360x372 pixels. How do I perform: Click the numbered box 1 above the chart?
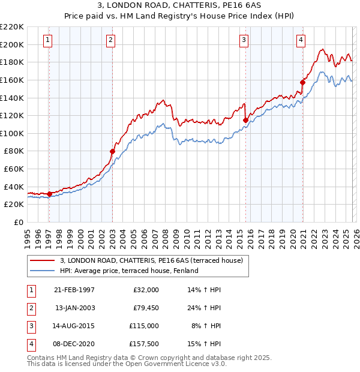pos(47,40)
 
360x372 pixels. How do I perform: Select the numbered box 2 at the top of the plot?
pos(110,40)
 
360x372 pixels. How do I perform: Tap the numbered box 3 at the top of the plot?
pos(244,40)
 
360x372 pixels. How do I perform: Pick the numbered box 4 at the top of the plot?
pos(301,40)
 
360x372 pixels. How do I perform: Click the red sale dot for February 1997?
pos(49,194)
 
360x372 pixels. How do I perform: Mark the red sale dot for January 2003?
pos(112,152)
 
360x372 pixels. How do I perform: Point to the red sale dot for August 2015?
pos(245,120)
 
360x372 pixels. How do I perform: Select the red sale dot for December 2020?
pos(302,82)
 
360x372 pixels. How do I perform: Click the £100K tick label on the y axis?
pos(12,133)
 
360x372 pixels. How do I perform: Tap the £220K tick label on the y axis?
pos(12,27)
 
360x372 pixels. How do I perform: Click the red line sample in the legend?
pos(43,260)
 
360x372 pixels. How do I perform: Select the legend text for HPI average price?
pos(129,271)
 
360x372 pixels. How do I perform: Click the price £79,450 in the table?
pos(145,308)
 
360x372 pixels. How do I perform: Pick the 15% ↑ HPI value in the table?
pos(205,344)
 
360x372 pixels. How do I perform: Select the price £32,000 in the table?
pos(145,290)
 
